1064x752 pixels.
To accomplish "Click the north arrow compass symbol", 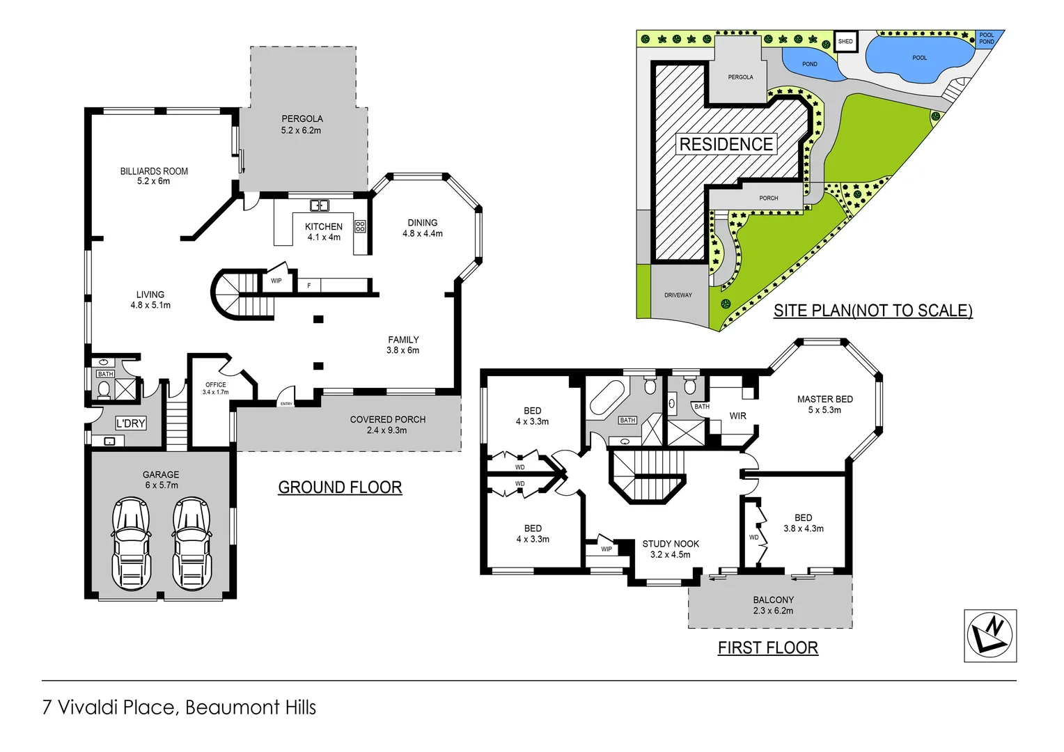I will point(989,636).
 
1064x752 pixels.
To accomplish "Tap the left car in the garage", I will point(132,543).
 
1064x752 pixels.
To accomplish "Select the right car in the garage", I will point(191,543).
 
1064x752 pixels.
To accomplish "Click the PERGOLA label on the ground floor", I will point(302,119).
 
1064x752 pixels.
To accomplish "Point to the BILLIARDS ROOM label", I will point(154,171).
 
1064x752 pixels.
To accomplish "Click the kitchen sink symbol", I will point(319,205).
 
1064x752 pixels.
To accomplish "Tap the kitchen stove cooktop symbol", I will point(360,226).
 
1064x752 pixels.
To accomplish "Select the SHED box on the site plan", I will point(845,42).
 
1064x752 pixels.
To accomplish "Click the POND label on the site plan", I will point(809,64).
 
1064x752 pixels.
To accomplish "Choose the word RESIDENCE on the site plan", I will point(726,144).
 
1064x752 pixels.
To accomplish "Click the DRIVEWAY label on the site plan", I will point(678,295).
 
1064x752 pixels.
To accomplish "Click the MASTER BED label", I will point(824,399).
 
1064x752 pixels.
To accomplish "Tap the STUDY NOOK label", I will point(671,544).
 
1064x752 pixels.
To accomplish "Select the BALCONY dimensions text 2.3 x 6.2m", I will point(773,611).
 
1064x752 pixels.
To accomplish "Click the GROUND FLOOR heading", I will point(340,487).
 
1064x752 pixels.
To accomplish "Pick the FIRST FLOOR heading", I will point(767,648).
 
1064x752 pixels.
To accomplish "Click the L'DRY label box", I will point(131,423).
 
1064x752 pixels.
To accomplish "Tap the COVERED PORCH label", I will point(387,419).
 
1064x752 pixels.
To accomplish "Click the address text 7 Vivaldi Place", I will point(109,707).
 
